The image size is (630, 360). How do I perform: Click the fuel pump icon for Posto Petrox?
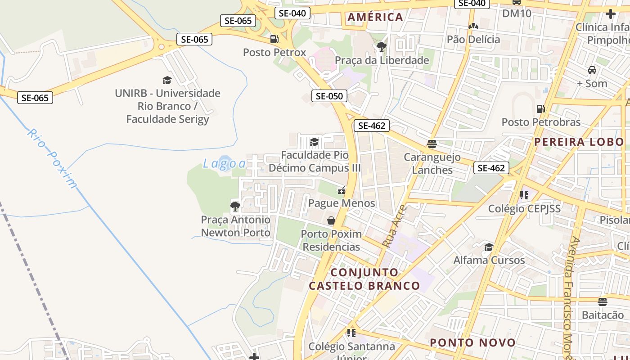pyautogui.click(x=274, y=39)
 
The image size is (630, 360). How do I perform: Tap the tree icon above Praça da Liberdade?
pyautogui.click(x=382, y=46)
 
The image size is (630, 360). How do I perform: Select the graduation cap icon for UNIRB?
pyautogui.click(x=167, y=81)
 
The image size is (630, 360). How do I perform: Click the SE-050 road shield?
pyautogui.click(x=329, y=96)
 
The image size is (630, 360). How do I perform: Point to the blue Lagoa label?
pyautogui.click(x=224, y=163)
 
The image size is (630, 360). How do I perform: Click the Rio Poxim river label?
pyautogui.click(x=52, y=158)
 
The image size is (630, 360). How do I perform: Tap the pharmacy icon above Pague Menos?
pyautogui.click(x=342, y=190)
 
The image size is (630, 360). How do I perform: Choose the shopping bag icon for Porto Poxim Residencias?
pyautogui.click(x=331, y=220)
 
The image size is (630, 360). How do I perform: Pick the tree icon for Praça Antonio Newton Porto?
pyautogui.click(x=235, y=207)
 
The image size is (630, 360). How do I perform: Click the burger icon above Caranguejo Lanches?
pyautogui.click(x=432, y=144)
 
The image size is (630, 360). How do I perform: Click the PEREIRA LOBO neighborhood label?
pyautogui.click(x=579, y=142)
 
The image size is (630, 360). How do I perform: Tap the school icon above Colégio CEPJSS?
pyautogui.click(x=524, y=195)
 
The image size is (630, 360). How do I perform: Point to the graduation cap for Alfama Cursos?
pyautogui.click(x=489, y=247)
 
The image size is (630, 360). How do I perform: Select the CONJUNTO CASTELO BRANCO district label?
pyautogui.click(x=364, y=279)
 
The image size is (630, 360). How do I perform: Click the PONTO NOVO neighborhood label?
pyautogui.click(x=472, y=342)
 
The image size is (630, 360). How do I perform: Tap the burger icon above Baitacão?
pyautogui.click(x=603, y=301)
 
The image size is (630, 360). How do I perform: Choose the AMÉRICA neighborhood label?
pyautogui.click(x=375, y=17)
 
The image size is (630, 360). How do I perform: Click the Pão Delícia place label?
pyautogui.click(x=473, y=40)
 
